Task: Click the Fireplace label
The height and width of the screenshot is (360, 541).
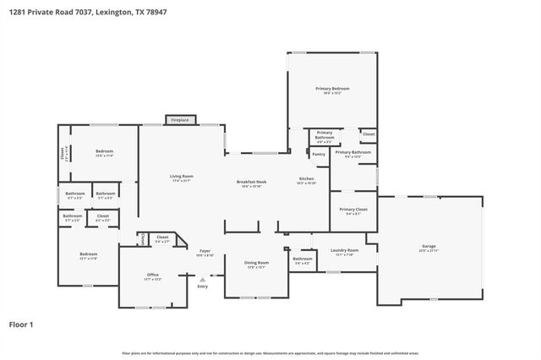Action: [x=180, y=120]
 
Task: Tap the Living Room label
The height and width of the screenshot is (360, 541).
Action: [x=182, y=177]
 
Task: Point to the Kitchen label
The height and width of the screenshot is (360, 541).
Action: [x=306, y=178]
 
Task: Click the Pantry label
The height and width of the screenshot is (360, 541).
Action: [x=319, y=154]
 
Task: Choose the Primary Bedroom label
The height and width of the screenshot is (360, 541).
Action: [x=332, y=89]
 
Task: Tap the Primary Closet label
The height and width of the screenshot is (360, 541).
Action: [x=352, y=209]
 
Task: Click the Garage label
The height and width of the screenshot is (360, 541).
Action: [x=429, y=247]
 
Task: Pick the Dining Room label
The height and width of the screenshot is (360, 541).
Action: [x=256, y=263]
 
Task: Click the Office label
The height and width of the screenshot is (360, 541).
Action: [x=152, y=275]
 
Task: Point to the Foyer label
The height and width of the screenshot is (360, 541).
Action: [x=205, y=251]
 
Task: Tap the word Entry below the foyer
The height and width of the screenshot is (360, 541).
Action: [x=203, y=286]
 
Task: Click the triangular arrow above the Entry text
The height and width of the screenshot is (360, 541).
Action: [x=202, y=279]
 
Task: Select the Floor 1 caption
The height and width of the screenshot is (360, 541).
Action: [x=21, y=324]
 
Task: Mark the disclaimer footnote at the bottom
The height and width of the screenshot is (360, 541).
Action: [x=270, y=352]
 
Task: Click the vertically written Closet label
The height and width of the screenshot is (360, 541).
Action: [x=62, y=153]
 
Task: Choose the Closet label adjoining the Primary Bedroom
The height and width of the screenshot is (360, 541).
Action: [x=368, y=134]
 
